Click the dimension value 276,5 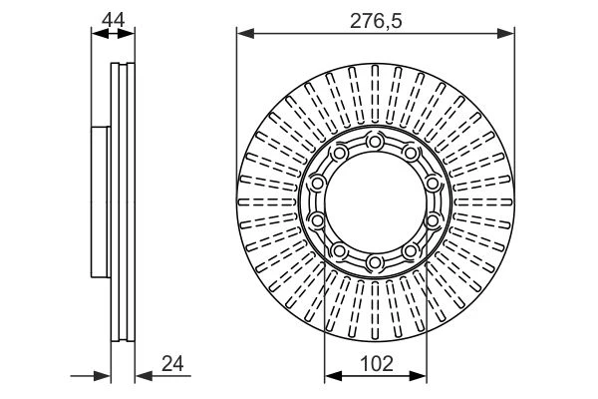tap(376, 21)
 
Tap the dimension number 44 tap(113, 20)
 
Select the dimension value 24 tap(172, 363)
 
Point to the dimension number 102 tap(376, 363)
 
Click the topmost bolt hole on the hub tap(375, 142)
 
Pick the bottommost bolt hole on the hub tap(375, 262)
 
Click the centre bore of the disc tap(376, 202)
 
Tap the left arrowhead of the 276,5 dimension tap(245, 34)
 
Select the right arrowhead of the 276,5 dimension tap(505, 34)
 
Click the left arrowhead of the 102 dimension tap(333, 376)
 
